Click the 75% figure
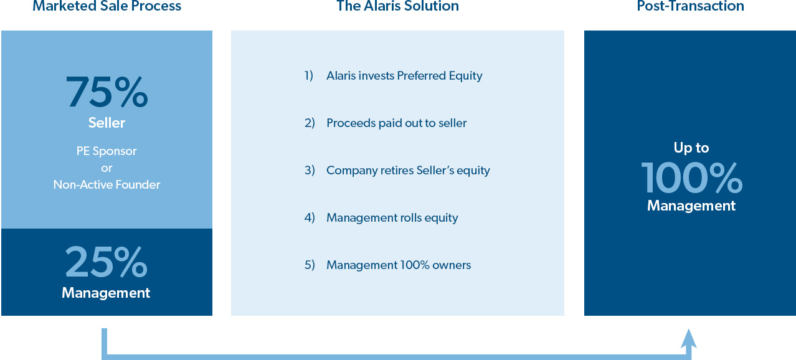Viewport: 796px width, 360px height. click(x=107, y=92)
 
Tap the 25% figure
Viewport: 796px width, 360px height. click(x=107, y=262)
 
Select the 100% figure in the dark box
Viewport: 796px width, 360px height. click(x=691, y=178)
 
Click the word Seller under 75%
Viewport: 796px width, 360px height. click(x=107, y=123)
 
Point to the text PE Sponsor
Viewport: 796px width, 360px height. click(x=107, y=151)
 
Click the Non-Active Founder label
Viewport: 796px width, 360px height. click(x=107, y=185)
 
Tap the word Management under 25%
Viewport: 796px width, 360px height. click(x=106, y=293)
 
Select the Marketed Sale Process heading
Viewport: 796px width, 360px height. click(x=107, y=6)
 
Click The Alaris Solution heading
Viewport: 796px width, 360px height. click(x=397, y=6)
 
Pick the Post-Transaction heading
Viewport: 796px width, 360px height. click(x=691, y=6)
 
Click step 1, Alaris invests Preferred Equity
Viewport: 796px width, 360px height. click(x=394, y=76)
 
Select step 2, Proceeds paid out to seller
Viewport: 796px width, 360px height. click(x=386, y=123)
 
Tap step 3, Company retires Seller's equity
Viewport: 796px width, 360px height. click(x=397, y=171)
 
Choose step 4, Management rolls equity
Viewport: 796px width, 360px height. click(x=381, y=218)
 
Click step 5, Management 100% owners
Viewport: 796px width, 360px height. click(x=387, y=265)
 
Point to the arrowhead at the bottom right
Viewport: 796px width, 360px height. click(x=689, y=338)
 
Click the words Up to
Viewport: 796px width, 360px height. click(x=691, y=148)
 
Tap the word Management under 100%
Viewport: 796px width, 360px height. click(x=691, y=206)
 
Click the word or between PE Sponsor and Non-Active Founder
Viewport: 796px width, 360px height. click(x=107, y=168)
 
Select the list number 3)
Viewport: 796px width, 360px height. click(x=310, y=171)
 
